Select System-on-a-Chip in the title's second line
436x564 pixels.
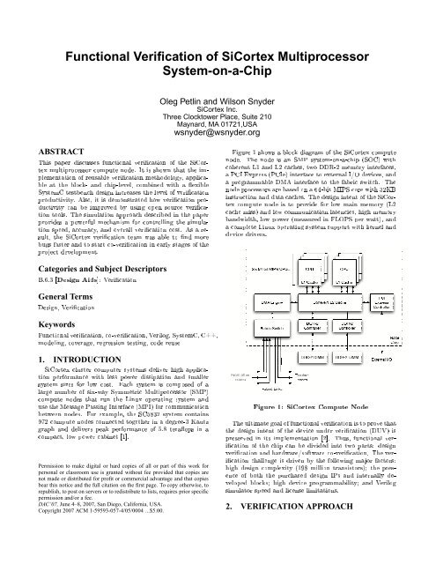tap(218, 76)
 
